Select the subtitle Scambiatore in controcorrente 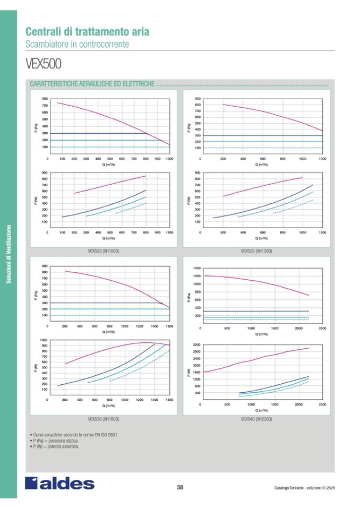(77, 44)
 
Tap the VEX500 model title (44, 64)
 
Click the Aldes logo (59, 483)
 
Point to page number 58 (180, 487)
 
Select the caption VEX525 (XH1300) (256, 250)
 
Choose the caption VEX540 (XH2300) (256, 418)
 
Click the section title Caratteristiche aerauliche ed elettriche (93, 84)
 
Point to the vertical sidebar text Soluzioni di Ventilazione (8, 254)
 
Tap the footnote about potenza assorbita (56, 447)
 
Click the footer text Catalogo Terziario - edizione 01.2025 (305, 488)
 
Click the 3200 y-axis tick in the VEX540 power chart (197, 345)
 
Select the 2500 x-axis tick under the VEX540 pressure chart (322, 328)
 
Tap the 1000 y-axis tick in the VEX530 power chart (44, 340)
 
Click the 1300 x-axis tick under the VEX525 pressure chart (322, 159)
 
